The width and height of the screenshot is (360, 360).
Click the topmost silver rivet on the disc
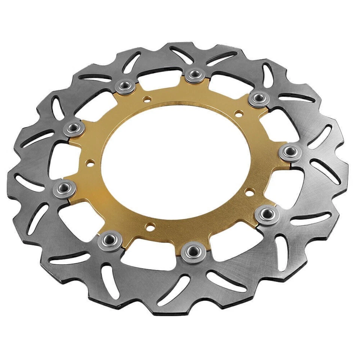pos(195,74)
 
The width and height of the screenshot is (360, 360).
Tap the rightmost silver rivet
pos(290,152)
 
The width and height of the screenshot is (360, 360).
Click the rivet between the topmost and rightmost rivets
pos(259,99)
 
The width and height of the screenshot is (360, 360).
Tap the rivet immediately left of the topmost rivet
pos(125,87)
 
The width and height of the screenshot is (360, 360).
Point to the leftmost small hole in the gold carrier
pos(90,163)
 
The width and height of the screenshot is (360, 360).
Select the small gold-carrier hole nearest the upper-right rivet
pos(237,112)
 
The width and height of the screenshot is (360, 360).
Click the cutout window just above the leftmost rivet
pos(60,158)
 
